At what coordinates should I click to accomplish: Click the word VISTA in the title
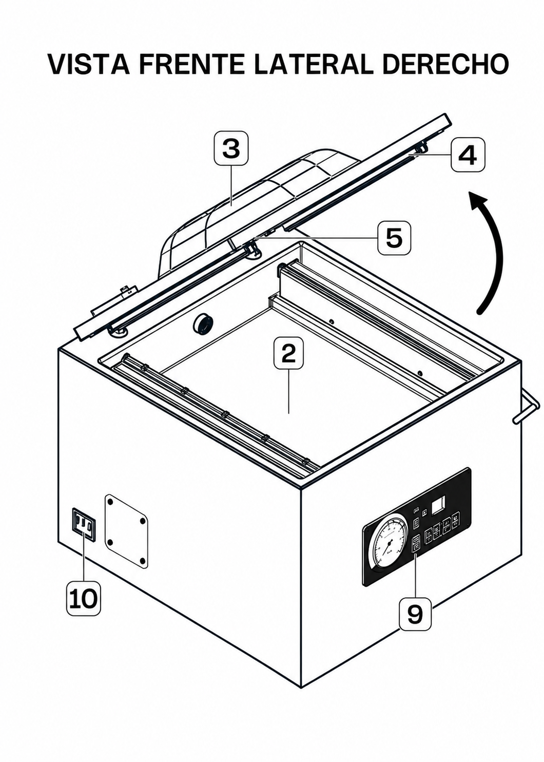tap(89, 64)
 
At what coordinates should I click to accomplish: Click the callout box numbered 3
tap(231, 149)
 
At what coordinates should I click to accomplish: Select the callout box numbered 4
tap(468, 155)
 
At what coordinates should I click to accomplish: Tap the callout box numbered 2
tap(288, 353)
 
